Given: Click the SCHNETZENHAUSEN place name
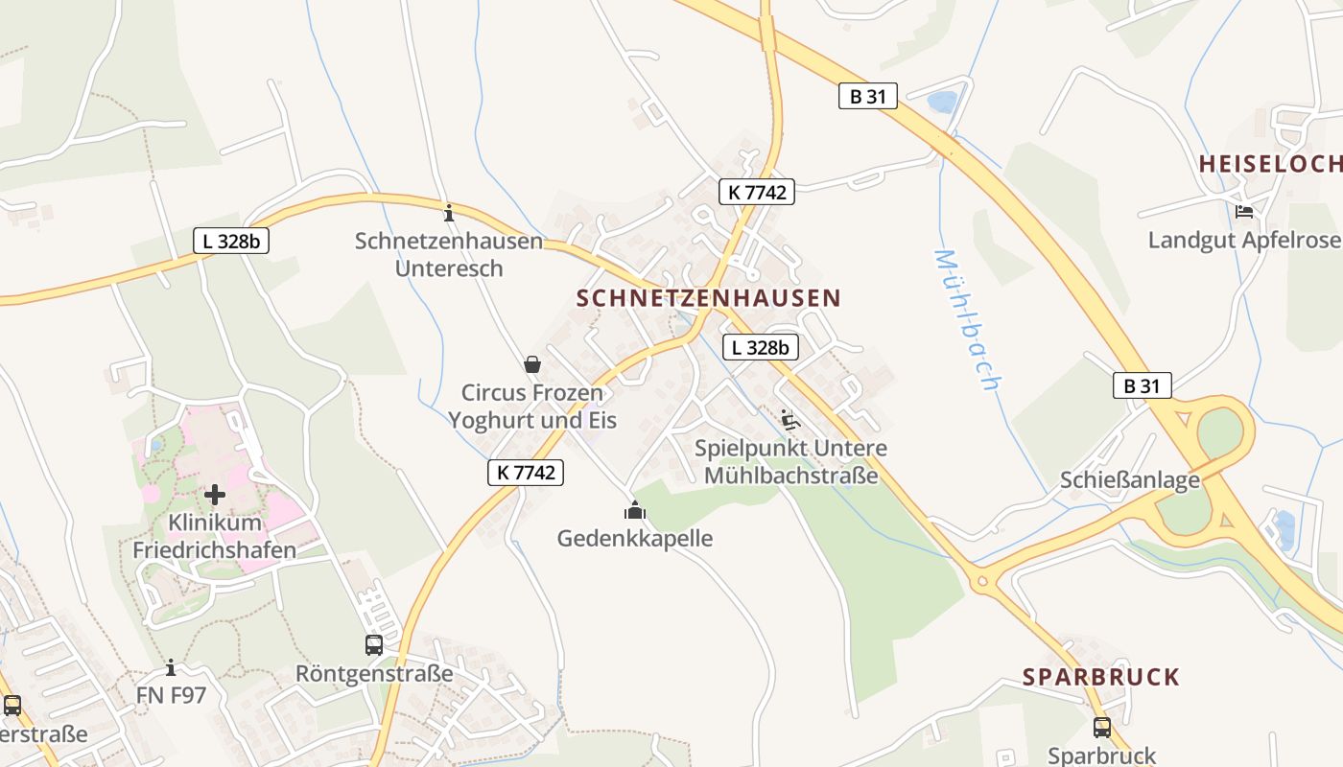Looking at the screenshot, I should click(x=708, y=298).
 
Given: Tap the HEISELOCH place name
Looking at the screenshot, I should click(x=1269, y=164).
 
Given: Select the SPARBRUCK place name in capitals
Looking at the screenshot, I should click(x=1100, y=677).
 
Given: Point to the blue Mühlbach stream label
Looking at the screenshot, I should click(x=967, y=319).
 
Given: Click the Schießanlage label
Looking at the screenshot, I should click(x=1129, y=480).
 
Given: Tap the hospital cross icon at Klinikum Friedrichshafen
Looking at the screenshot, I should click(x=215, y=495).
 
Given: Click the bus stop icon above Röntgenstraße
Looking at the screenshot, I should click(x=374, y=645).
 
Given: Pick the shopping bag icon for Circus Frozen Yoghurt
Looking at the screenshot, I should click(x=532, y=364).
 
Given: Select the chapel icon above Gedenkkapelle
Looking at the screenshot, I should click(x=635, y=510).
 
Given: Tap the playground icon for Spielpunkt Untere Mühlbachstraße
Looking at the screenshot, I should click(x=790, y=419).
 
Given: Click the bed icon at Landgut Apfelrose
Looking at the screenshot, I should click(x=1245, y=212).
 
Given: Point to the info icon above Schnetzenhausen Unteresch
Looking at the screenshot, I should click(x=448, y=212).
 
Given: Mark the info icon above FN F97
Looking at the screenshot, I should click(x=171, y=667).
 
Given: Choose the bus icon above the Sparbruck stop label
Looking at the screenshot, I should click(x=1101, y=728).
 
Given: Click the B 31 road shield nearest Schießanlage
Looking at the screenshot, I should click(x=1142, y=385).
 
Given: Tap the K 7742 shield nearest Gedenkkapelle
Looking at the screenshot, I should click(x=525, y=472).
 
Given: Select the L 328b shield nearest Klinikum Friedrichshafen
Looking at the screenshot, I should click(x=230, y=241).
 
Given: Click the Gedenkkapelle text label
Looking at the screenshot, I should click(x=635, y=538).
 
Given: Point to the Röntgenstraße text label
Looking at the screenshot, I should click(x=374, y=674).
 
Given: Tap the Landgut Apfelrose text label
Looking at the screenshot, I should click(x=1244, y=240).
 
